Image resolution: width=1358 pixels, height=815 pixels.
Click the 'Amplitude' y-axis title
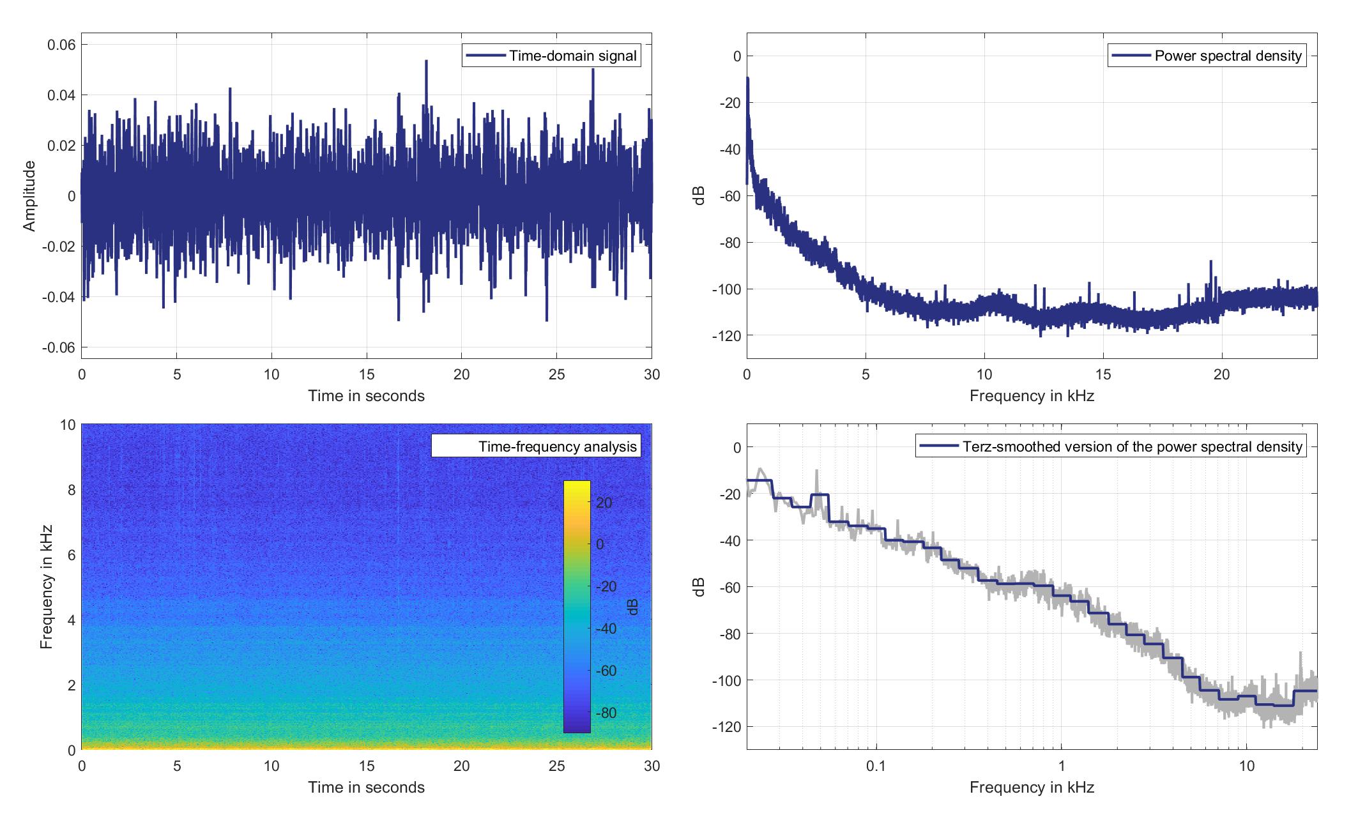click(x=29, y=196)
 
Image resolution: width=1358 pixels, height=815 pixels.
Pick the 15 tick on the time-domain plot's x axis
click(x=367, y=374)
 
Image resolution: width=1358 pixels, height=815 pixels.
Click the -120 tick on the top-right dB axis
click(x=729, y=336)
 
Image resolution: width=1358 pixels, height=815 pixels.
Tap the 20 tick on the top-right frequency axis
click(x=1221, y=374)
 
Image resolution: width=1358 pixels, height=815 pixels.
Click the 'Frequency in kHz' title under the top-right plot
click(x=1032, y=396)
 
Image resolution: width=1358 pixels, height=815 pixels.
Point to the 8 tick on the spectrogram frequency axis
click(x=68, y=491)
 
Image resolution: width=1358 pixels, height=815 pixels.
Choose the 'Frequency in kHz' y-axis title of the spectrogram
click(x=46, y=587)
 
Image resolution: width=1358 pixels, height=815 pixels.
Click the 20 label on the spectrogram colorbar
click(x=604, y=503)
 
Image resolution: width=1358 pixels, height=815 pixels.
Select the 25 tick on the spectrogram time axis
click(x=556, y=766)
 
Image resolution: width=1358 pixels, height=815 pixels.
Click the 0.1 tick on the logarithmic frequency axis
click(x=876, y=766)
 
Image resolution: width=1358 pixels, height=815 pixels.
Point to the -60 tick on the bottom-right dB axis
click(x=729, y=587)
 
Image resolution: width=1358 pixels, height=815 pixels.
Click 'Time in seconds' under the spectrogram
click(x=367, y=788)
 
